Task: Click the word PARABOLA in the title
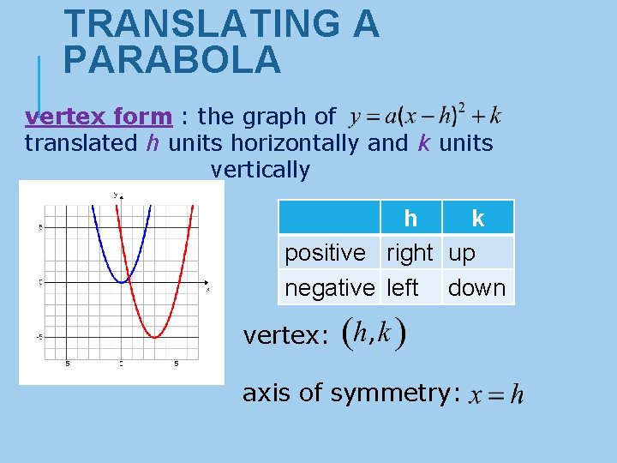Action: point(171,60)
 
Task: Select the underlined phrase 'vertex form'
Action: point(99,116)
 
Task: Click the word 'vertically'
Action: point(260,169)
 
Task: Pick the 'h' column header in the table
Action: point(410,219)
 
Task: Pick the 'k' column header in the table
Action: point(477,219)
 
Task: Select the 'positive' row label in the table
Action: point(325,253)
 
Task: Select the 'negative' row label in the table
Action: point(330,288)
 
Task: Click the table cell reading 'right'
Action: point(410,253)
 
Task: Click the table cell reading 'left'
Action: point(403,288)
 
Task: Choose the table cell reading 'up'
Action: point(462,253)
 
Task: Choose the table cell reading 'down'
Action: point(476,288)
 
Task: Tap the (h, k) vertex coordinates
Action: point(374,334)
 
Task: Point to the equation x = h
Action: point(494,394)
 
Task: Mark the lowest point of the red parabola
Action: point(154,337)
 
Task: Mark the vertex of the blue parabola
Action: point(123,281)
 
